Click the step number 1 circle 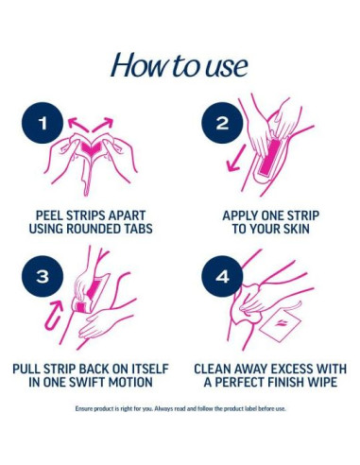[x=43, y=123]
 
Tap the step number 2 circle [x=222, y=123]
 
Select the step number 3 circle [x=43, y=276]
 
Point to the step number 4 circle [x=222, y=276]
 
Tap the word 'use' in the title [x=227, y=68]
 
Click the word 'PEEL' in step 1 [x=49, y=215]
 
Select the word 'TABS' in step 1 [x=137, y=229]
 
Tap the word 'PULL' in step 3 [x=26, y=369]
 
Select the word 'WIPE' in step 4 [x=324, y=382]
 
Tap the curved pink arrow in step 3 [x=55, y=315]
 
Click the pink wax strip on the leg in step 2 [x=269, y=157]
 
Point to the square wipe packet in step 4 [x=280, y=324]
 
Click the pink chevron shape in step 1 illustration [x=90, y=148]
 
